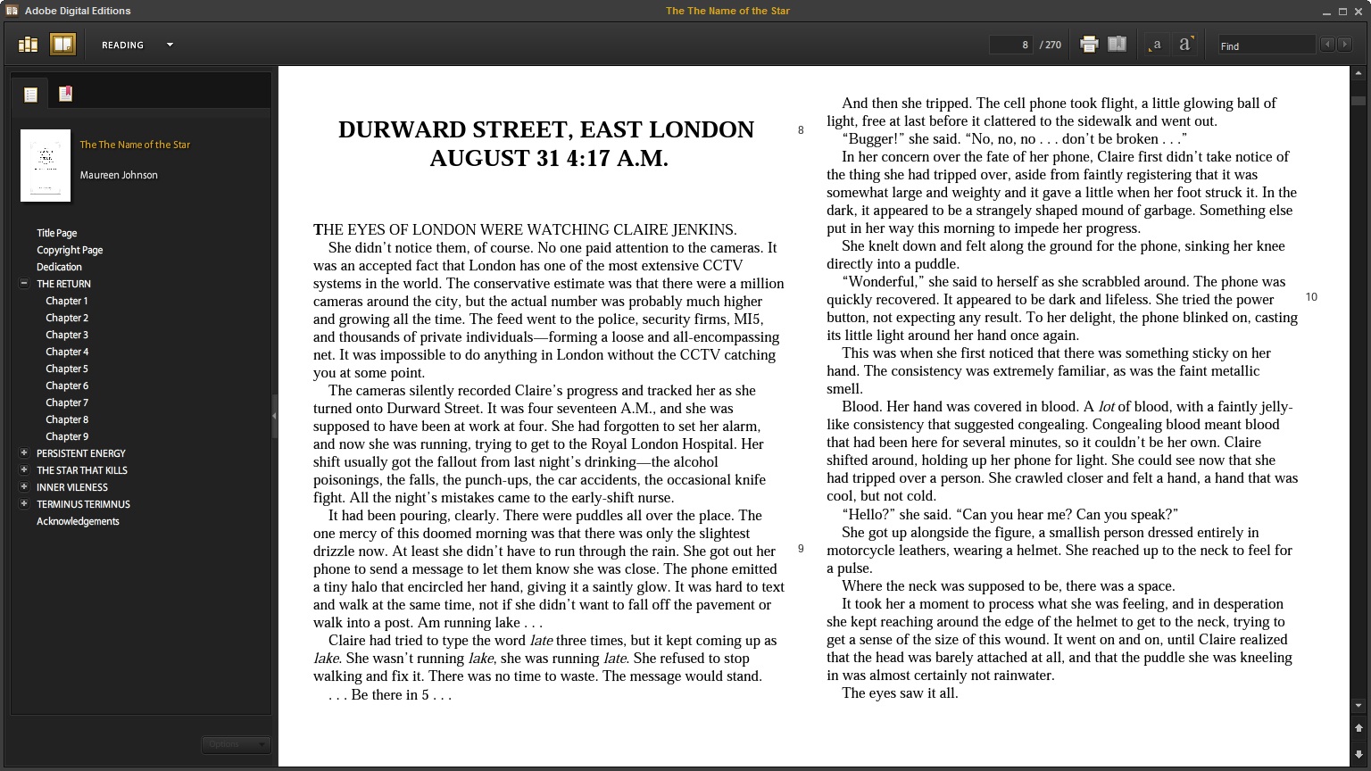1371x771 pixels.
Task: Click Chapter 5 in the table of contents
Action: pos(67,369)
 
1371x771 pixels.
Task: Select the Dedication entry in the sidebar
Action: pos(59,267)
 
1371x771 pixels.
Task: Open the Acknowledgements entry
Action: pos(78,521)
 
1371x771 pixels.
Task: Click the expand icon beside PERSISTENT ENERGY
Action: pos(24,453)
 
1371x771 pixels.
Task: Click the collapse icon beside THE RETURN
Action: pos(24,284)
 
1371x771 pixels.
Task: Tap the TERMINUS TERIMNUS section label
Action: pos(83,504)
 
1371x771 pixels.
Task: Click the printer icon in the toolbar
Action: pos(1089,45)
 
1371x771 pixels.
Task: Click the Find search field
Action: pos(1266,46)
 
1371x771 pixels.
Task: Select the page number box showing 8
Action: pos(1010,45)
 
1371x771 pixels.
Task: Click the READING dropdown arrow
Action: pos(170,45)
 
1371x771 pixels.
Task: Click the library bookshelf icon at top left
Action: pos(29,45)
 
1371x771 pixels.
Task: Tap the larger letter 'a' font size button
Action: pos(1184,45)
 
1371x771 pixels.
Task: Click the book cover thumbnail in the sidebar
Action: pos(46,165)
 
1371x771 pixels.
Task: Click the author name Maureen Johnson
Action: pos(119,175)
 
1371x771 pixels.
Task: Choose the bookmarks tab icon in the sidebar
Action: pos(65,94)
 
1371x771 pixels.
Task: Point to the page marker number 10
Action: pos(1311,297)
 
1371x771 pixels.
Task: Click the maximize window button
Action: pos(1342,12)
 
